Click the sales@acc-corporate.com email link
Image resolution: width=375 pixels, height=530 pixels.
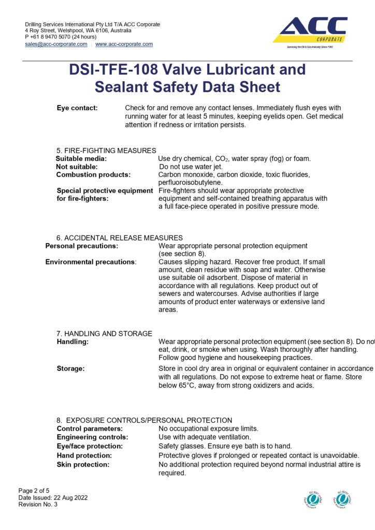click(x=56, y=45)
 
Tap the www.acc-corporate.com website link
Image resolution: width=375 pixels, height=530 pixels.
click(x=124, y=45)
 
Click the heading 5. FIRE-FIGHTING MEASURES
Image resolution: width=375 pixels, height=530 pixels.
click(x=106, y=151)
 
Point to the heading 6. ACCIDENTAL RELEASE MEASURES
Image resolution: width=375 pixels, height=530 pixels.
click(x=119, y=238)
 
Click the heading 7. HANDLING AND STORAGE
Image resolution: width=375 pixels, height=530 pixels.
click(x=104, y=334)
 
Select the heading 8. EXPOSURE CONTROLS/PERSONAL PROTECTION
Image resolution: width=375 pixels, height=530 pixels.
click(x=144, y=420)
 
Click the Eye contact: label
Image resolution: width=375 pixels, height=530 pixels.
click(x=77, y=108)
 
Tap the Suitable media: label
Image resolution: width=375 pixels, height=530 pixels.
click(x=81, y=158)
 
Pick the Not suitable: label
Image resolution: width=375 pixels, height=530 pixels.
click(x=77, y=167)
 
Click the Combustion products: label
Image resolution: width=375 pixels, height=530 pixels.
click(x=93, y=175)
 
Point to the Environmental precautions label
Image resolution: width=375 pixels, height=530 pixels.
click(x=90, y=262)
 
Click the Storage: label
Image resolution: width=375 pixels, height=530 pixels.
click(x=71, y=369)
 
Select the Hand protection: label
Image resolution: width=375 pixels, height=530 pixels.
click(x=84, y=455)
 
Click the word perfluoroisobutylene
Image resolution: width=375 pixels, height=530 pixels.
click(x=191, y=183)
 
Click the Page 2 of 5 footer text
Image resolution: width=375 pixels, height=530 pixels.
click(x=34, y=491)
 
